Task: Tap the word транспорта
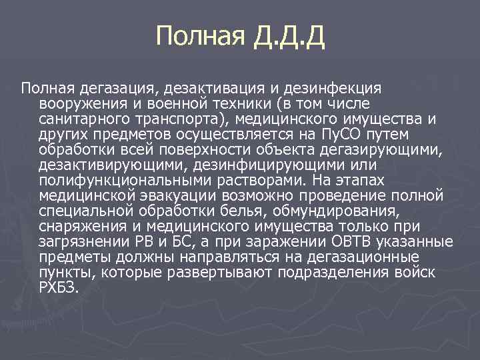tap(172, 119)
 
